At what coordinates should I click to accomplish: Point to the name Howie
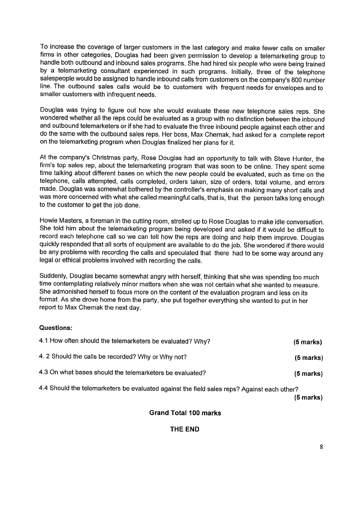tap(49, 222)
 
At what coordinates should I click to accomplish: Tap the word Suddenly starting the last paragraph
tap(54, 277)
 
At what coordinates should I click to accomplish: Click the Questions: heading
tap(56, 327)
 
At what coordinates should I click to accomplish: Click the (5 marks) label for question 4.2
tap(308, 358)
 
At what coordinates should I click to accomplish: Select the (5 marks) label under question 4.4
tap(308, 398)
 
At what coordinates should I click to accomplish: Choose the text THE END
tap(185, 429)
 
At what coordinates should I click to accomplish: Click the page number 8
tap(321, 447)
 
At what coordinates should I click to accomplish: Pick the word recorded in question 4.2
tap(102, 357)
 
